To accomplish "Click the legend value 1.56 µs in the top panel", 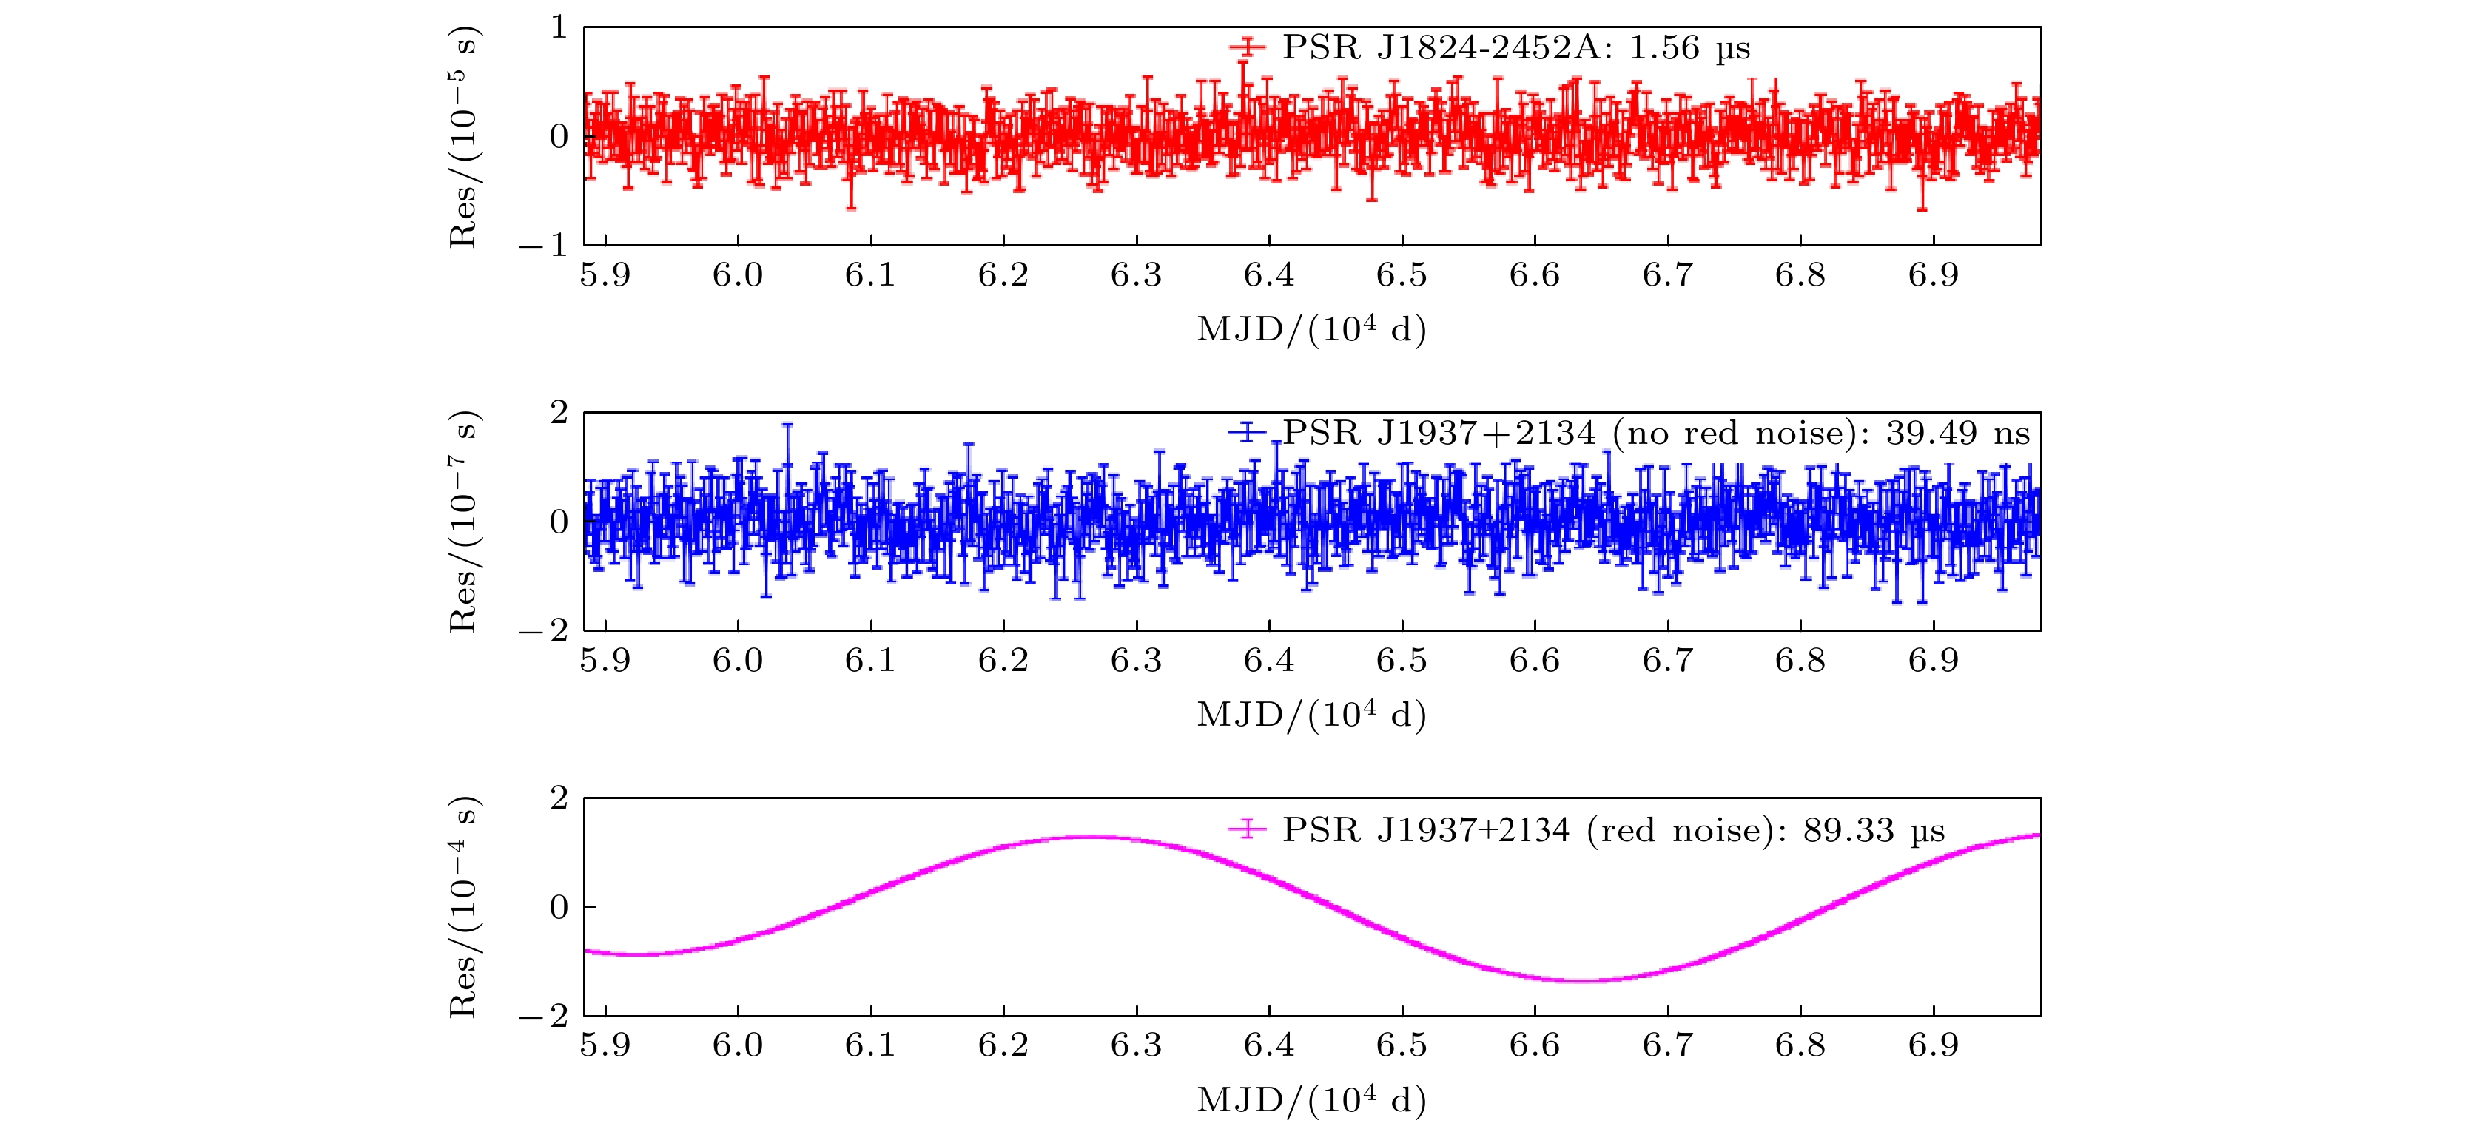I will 1689,48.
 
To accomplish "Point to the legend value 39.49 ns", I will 1957,434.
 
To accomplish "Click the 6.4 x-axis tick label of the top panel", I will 1269,276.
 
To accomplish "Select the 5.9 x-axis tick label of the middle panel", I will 605,661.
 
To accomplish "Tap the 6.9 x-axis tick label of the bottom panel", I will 1933,1045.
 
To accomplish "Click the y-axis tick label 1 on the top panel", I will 559,28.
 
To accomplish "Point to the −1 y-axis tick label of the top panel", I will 544,245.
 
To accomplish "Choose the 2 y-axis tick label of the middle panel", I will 559,413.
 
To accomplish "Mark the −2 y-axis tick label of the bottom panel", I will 544,1016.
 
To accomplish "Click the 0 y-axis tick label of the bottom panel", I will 559,907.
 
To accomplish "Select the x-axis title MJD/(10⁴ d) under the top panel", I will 1311,329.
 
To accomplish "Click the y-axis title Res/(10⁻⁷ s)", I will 464,522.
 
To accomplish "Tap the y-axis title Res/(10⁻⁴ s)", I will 464,907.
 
